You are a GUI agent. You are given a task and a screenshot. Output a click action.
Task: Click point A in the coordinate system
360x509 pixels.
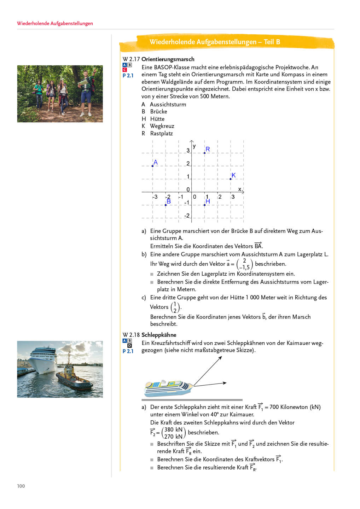pos(153,166)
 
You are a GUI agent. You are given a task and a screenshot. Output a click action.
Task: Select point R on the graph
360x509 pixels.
pos(205,153)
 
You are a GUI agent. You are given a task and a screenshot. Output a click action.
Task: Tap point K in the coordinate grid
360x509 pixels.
pos(231,179)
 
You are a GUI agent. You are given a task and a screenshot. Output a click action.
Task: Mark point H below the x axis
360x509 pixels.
pos(205,205)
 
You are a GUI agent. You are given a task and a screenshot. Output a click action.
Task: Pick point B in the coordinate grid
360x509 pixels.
pos(166,205)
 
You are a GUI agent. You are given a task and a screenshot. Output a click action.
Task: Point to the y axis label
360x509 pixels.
pos(194,146)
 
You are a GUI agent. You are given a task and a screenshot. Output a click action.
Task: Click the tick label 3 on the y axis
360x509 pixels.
pos(188,151)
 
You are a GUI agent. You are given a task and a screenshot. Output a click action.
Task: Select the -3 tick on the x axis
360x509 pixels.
pos(155,197)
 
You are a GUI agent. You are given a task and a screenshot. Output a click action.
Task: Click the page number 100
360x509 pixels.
pos(21,486)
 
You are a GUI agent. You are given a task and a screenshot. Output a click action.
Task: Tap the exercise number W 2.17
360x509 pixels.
pos(131,59)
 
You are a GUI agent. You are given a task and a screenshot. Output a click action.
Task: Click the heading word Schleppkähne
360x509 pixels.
pos(159,335)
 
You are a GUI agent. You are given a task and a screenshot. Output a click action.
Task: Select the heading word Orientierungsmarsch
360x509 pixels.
pos(168,59)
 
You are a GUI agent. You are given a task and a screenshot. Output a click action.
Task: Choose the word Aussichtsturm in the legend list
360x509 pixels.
pos(168,104)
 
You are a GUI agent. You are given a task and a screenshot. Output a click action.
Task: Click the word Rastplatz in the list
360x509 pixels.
pos(162,133)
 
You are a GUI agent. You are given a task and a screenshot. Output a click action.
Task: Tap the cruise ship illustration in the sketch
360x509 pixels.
pos(168,388)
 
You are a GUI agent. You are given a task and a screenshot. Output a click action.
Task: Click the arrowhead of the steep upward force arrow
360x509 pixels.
pos(221,357)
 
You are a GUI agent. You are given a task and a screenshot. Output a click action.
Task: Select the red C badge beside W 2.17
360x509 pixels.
pos(124,70)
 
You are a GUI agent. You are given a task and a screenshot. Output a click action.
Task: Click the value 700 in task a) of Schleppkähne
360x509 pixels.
pos(274,407)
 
